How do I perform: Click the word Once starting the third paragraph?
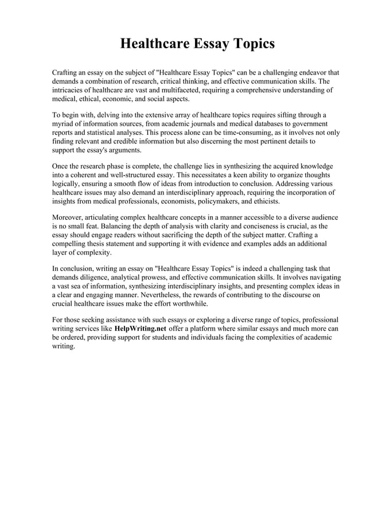point(61,166)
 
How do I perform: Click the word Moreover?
point(69,218)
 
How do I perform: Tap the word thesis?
point(103,244)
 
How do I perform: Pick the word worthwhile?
point(189,303)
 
